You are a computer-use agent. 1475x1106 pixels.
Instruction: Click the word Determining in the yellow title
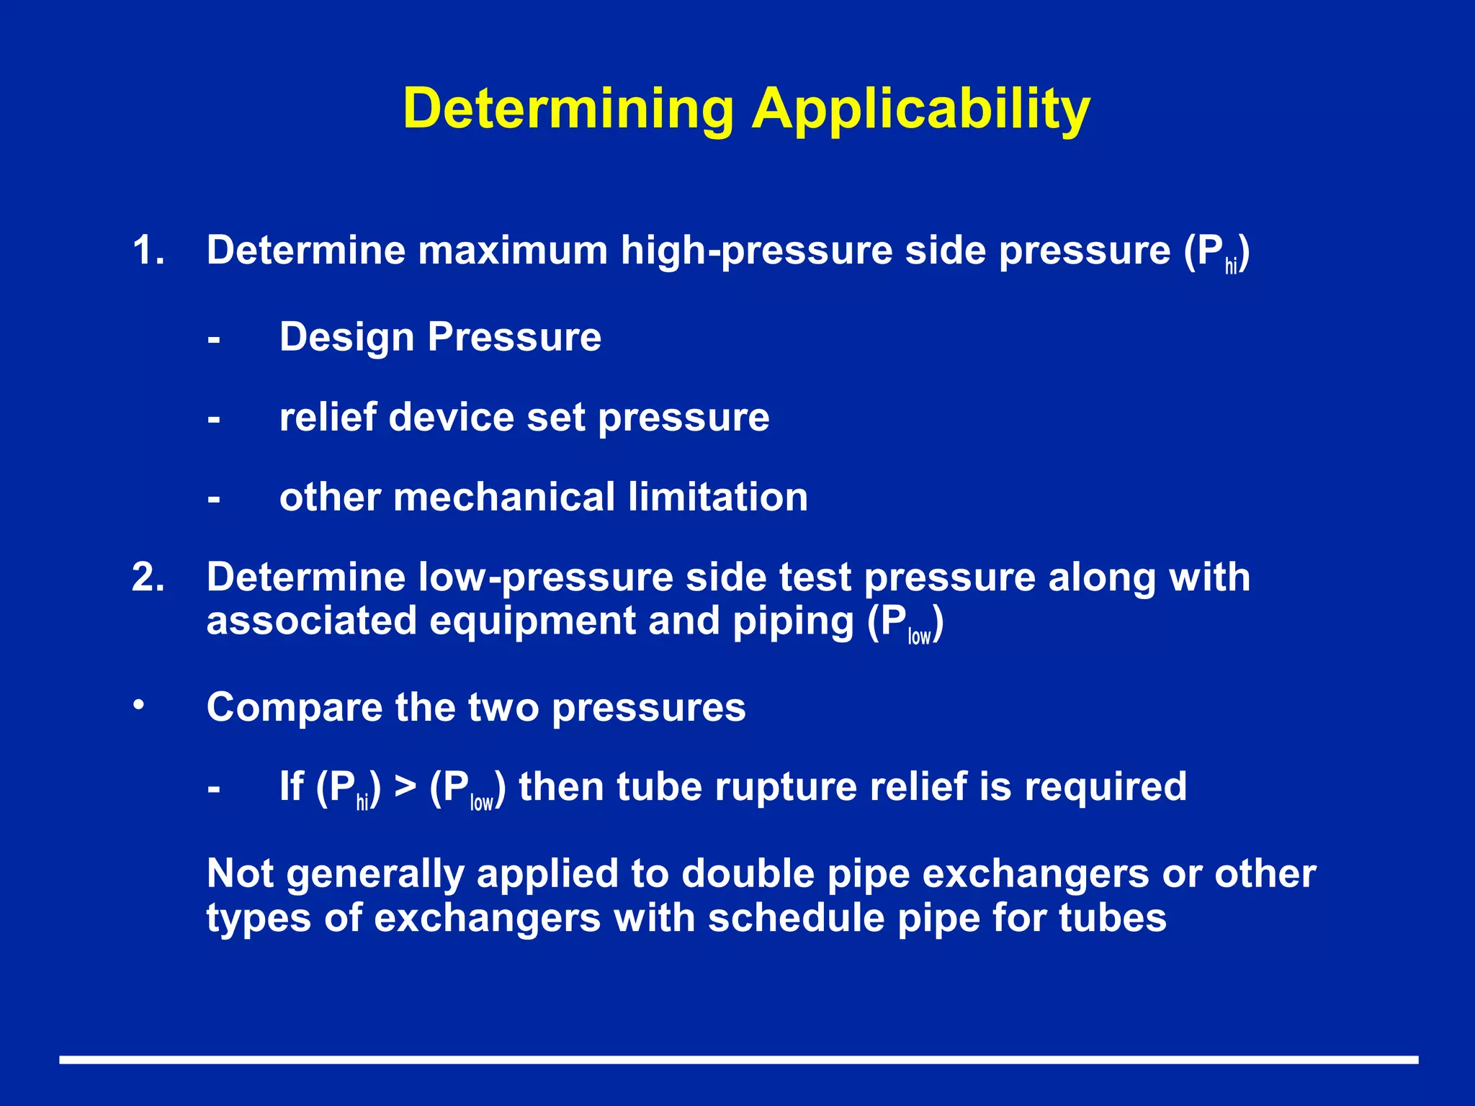[568, 109]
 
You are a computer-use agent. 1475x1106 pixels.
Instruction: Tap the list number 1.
[148, 251]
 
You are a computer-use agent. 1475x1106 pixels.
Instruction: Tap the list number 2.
[148, 577]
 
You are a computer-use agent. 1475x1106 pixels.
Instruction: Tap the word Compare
[294, 707]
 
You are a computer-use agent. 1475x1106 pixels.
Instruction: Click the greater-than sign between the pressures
[405, 786]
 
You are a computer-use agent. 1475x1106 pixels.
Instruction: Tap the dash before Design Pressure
[213, 338]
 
